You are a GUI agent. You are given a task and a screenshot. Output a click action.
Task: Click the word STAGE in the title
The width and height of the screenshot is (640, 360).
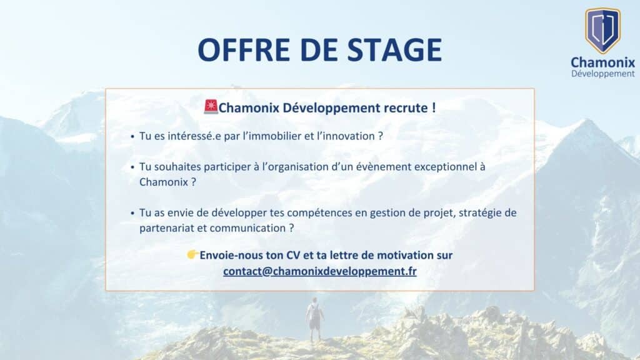tap(395, 50)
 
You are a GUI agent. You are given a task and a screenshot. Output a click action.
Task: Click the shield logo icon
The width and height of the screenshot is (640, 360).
tap(603, 31)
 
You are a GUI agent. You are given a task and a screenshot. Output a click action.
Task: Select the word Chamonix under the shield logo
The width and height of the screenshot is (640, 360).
tap(603, 62)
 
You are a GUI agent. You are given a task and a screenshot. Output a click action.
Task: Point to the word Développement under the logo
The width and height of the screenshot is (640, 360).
tap(603, 74)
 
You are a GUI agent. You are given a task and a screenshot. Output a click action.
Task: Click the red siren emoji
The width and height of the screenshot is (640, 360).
tap(211, 106)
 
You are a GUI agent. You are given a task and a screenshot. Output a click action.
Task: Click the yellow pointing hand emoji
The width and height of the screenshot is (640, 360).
tap(192, 255)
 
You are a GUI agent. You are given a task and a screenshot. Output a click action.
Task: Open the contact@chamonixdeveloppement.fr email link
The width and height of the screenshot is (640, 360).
tap(320, 271)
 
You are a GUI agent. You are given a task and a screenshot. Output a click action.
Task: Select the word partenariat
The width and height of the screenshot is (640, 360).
tap(167, 228)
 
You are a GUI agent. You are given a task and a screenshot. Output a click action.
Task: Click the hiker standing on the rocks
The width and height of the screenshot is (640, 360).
tap(315, 319)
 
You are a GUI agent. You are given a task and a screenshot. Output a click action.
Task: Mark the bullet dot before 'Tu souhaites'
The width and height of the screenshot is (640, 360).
tap(132, 167)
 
